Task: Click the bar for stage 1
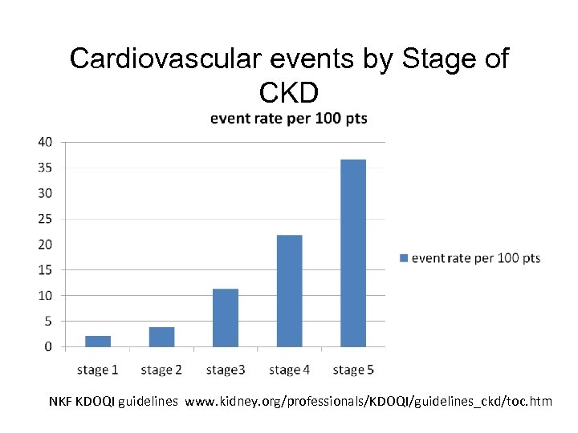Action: coord(98,342)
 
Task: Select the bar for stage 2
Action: coord(161,337)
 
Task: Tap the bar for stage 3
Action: coord(226,318)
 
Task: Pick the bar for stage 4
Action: coord(289,290)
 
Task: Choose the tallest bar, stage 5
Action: coord(353,253)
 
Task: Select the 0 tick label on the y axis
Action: coord(48,347)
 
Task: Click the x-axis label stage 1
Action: coord(97,370)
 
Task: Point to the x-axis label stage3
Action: coord(225,370)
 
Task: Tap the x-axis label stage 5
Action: coord(353,370)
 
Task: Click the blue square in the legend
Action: coord(404,258)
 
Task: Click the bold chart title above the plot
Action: coord(288,119)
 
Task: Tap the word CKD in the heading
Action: coord(289,92)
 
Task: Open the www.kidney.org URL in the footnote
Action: coord(368,400)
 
